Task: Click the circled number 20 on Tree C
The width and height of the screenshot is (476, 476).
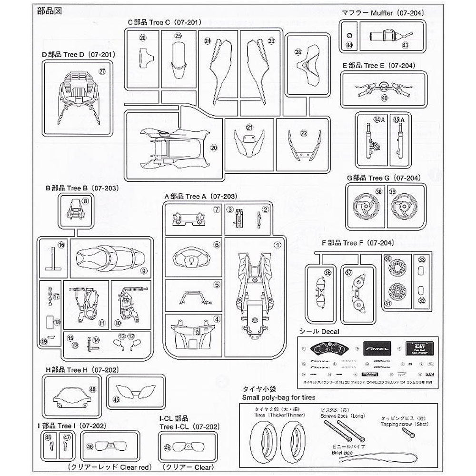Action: pos(214,148)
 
